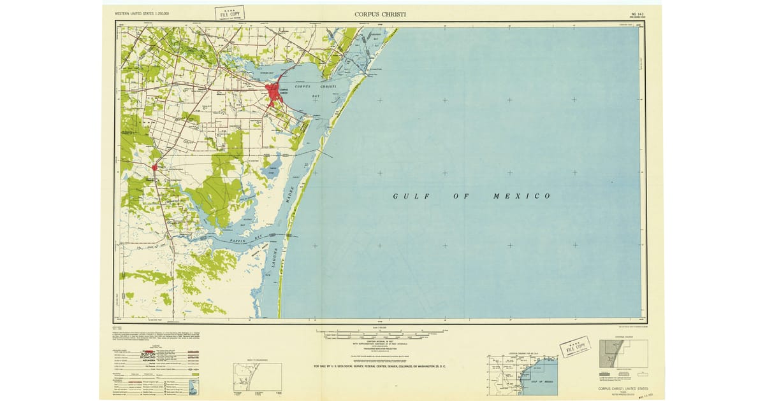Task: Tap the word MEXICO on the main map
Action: [521, 196]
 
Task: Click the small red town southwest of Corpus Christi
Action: [155, 167]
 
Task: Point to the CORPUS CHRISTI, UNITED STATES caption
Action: [623, 388]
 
